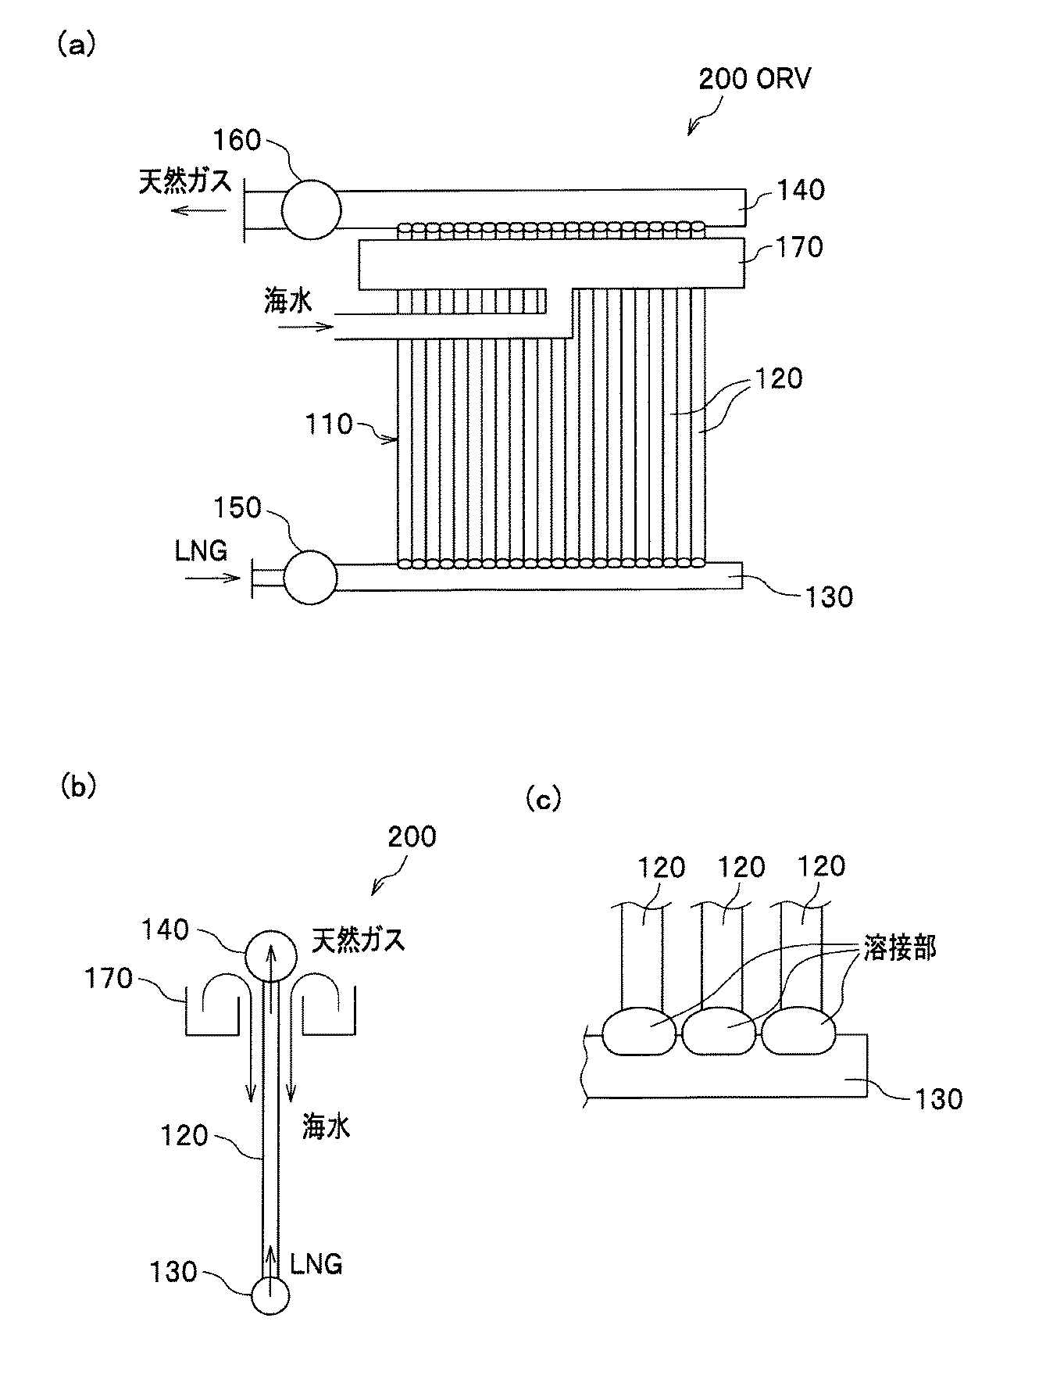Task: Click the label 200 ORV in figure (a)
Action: point(754,80)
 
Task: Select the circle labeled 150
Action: point(310,578)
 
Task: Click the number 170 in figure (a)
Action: point(801,247)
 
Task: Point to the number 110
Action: point(330,424)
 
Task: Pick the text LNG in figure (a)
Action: point(201,551)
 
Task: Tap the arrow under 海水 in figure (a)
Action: point(306,328)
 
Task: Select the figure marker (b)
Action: point(78,787)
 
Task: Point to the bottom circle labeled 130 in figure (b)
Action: point(270,1296)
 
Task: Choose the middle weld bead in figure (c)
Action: point(722,1035)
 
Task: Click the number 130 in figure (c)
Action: point(938,1099)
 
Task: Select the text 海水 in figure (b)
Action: point(326,1126)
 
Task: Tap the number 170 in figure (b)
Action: point(109,978)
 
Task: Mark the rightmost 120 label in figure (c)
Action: point(823,866)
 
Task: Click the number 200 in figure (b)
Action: point(412,837)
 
